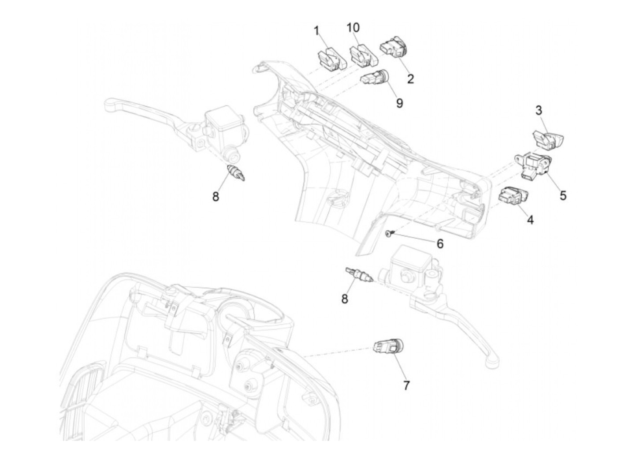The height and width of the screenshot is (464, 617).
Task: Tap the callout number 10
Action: [353, 27]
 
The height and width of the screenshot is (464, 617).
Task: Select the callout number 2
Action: [411, 79]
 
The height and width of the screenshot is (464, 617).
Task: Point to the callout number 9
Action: [399, 103]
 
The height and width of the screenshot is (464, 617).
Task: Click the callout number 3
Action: [539, 110]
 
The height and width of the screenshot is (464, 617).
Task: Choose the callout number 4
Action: [530, 219]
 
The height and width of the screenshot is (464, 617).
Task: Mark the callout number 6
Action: [439, 243]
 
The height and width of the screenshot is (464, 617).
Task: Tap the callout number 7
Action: [406, 385]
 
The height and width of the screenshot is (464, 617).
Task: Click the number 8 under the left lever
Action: [216, 197]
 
